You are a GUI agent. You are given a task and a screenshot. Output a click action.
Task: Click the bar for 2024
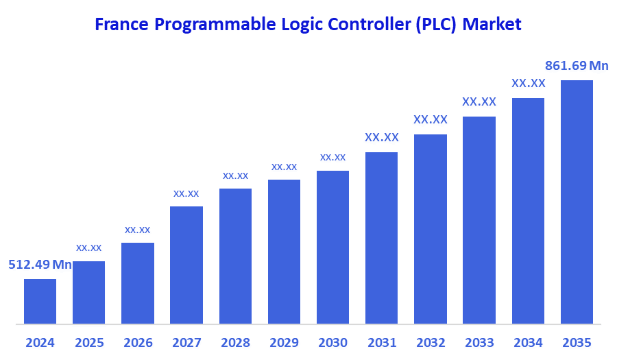tap(40, 301)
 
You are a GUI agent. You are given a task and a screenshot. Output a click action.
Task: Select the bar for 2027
tap(186, 265)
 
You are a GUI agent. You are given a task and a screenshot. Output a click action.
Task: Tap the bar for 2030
tap(332, 247)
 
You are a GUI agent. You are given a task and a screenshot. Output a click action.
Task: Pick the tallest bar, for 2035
tap(577, 202)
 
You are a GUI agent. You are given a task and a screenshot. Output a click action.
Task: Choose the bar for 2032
tap(431, 228)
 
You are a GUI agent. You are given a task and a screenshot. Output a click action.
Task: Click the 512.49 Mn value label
tap(40, 265)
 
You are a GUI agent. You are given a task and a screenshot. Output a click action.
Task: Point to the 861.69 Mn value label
tap(577, 66)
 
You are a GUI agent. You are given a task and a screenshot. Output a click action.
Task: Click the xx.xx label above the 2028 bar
tap(235, 176)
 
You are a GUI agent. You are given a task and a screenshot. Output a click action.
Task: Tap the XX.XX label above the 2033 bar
tap(479, 101)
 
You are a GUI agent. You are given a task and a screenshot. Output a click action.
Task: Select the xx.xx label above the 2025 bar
tap(88, 248)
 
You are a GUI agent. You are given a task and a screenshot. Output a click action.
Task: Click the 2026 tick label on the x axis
tap(137, 342)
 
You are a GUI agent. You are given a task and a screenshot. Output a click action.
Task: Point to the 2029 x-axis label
tap(284, 342)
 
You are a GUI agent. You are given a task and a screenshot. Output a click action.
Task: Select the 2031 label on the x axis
tap(381, 342)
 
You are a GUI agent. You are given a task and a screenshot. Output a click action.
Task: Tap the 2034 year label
tap(528, 342)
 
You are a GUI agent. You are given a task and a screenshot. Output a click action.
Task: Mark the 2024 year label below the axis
tap(40, 342)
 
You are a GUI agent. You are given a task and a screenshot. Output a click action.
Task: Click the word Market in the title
tap(492, 25)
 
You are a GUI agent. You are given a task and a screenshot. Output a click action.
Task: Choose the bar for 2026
tap(137, 283)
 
